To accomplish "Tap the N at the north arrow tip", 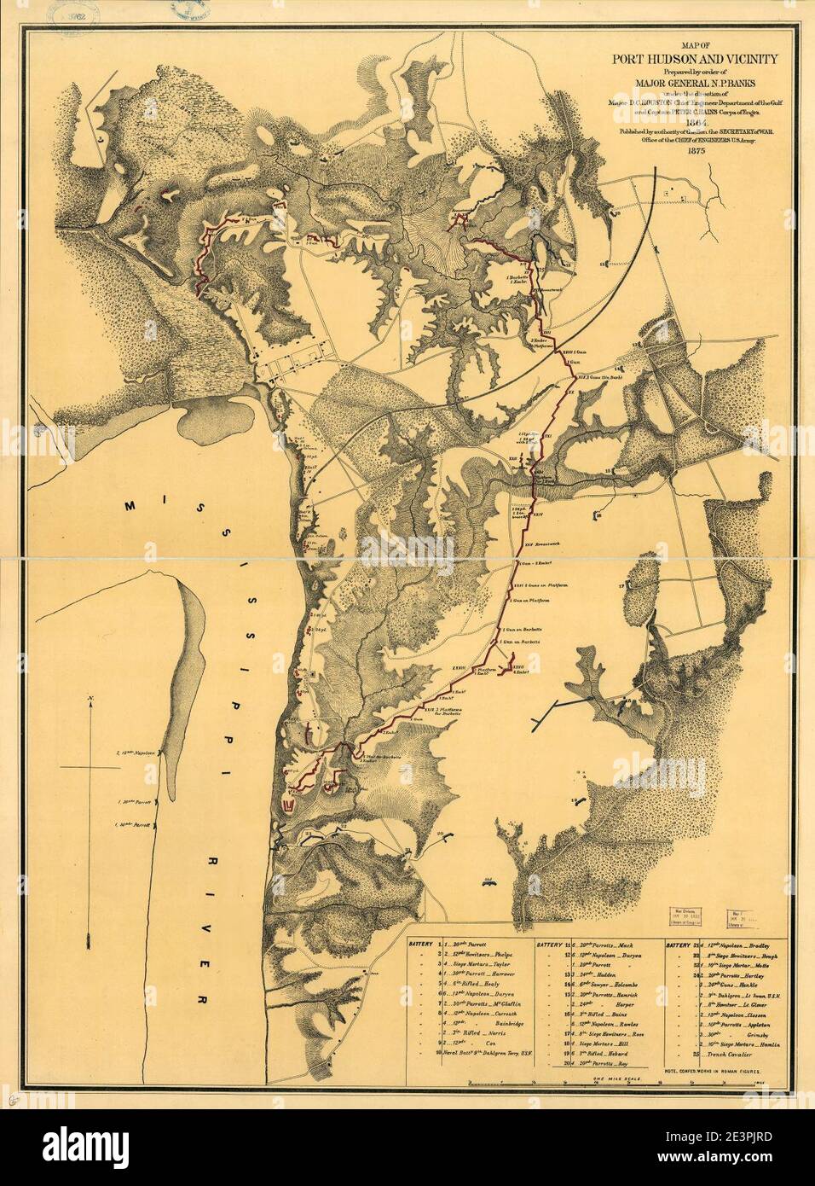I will click(90, 701).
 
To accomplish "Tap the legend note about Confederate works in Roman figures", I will click(717, 1068).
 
